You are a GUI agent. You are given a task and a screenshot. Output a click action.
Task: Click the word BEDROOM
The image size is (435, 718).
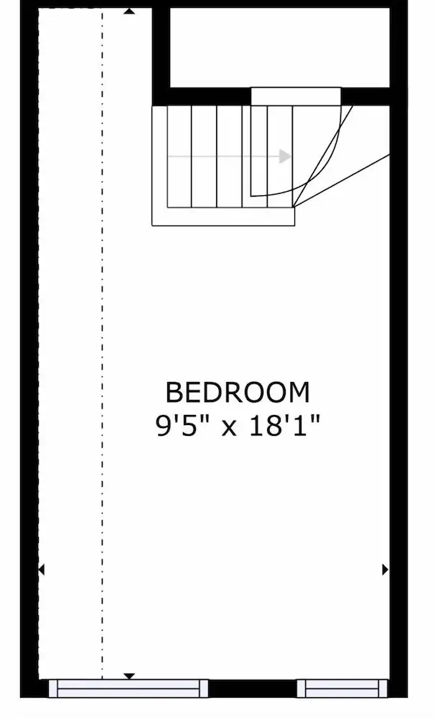(238, 393)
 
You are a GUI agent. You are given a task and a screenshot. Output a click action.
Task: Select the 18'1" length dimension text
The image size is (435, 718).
(284, 427)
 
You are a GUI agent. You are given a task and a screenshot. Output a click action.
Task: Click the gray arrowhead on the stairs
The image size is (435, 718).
(285, 157)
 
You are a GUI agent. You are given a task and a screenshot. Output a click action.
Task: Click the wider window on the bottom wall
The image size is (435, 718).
(128, 689)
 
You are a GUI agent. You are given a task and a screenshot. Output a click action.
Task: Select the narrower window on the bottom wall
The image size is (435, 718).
(342, 689)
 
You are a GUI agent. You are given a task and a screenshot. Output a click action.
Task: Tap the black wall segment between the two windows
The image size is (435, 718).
(253, 689)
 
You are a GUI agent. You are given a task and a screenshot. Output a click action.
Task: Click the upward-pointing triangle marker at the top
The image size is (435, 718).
(130, 11)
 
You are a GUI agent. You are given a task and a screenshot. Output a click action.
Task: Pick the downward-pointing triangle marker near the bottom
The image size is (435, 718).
(130, 676)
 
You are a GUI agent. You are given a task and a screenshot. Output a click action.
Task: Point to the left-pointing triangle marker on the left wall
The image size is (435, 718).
(41, 569)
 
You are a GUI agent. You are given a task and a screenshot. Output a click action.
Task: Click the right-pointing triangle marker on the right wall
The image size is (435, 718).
(385, 569)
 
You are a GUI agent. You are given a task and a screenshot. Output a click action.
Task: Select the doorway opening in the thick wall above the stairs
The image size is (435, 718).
(296, 97)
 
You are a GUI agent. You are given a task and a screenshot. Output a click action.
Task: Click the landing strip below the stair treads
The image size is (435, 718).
(223, 217)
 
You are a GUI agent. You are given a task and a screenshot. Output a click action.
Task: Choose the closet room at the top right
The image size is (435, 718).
(280, 47)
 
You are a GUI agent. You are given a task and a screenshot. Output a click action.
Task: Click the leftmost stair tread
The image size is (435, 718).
(179, 157)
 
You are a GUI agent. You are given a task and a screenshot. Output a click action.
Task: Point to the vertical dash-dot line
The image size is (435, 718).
(102, 343)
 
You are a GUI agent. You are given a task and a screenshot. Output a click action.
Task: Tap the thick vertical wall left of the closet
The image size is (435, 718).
(161, 56)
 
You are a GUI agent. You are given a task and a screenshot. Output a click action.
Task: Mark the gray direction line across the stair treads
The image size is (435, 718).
(225, 157)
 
